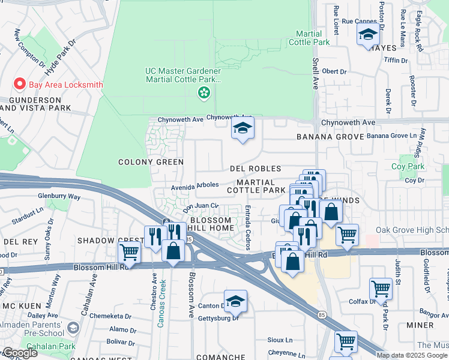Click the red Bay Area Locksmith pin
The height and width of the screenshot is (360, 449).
click(19, 85)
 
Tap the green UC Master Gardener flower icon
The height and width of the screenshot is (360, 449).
click(204, 92)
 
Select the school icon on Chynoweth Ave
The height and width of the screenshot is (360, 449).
click(243, 128)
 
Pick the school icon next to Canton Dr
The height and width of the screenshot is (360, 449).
click(236, 302)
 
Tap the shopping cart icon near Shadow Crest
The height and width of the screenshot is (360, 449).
click(129, 253)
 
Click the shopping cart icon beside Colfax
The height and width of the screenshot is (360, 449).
click(381, 289)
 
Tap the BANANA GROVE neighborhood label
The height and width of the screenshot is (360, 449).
click(330, 137)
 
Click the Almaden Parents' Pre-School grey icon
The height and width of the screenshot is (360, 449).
click(73, 328)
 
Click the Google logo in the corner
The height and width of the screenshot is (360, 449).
click(20, 353)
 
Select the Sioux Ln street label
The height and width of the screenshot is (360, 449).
click(280, 340)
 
